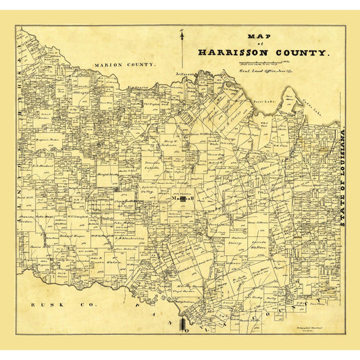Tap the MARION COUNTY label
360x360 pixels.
click(x=125, y=65)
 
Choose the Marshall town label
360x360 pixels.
click(x=183, y=199)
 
